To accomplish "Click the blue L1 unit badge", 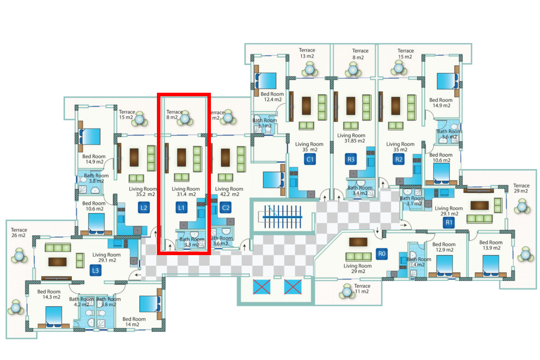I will pyautogui.click(x=181, y=208).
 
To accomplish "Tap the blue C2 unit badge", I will pyautogui.click(x=225, y=208).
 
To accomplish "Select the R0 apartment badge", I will pyautogui.click(x=382, y=254).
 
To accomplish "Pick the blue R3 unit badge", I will pyautogui.click(x=351, y=159).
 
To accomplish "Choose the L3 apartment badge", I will pyautogui.click(x=95, y=270).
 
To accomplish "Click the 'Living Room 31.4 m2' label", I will pyautogui.click(x=186, y=191).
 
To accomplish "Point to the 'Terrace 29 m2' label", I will pyautogui.click(x=521, y=188).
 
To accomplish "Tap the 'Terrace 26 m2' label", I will pyautogui.click(x=19, y=232).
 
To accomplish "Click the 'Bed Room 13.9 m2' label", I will pyautogui.click(x=491, y=245).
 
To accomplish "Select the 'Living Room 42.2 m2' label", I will pyautogui.click(x=229, y=191).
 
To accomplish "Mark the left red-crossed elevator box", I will pyautogui.click(x=261, y=287).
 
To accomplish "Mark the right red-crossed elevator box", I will pyautogui.click(x=292, y=287).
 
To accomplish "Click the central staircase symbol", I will pyautogui.click(x=283, y=216).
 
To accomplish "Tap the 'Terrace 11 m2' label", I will pyautogui.click(x=362, y=288).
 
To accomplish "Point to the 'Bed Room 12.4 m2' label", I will pyautogui.click(x=272, y=97).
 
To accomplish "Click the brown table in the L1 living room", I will pyautogui.click(x=181, y=157).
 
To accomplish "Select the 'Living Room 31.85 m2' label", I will pyautogui.click(x=351, y=138).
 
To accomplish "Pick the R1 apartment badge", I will pyautogui.click(x=449, y=223).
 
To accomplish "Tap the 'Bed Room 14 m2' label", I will pyautogui.click(x=134, y=322).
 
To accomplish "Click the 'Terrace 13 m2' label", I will pyautogui.click(x=307, y=53).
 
